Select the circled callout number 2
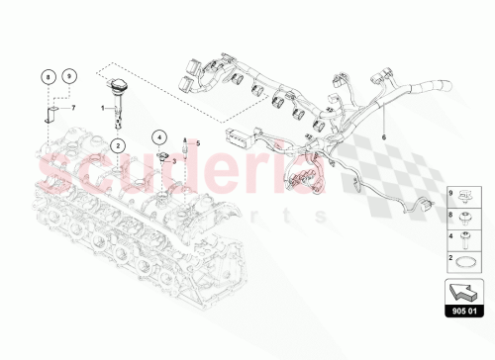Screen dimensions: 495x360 coord(118,145)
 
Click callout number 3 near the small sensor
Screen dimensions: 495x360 coord(174,157)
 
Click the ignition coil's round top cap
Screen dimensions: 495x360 coord(118,84)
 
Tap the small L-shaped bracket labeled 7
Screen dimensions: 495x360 coord(48,117)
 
